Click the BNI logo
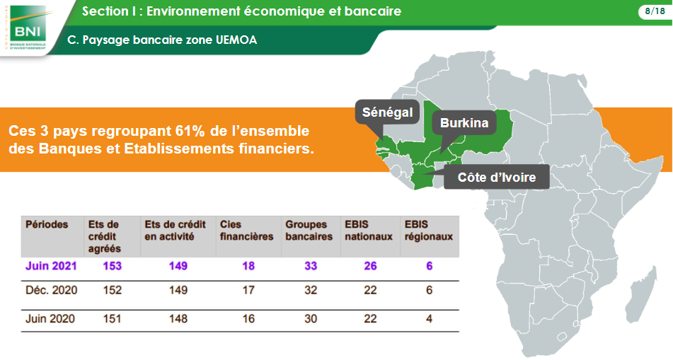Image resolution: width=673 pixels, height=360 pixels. point(28,27)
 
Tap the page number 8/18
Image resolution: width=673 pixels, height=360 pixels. point(655,11)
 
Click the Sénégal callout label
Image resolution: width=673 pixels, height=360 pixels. point(387,112)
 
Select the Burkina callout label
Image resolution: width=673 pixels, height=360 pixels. point(464,123)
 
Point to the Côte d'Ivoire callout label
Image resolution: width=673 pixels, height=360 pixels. point(497,178)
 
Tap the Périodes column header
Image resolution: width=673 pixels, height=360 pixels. point(47,224)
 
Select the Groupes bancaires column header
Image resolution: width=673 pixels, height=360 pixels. point(309,231)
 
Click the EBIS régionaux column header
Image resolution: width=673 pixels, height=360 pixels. point(428,231)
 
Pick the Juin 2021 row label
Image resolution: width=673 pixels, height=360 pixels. point(51,266)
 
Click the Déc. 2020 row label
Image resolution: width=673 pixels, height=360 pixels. point(52,291)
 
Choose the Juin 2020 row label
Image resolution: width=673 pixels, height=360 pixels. point(50,319)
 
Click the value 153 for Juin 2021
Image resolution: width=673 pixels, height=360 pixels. point(112,266)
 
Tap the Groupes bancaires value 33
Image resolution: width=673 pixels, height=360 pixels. point(311,266)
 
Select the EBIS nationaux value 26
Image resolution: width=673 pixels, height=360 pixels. point(370,266)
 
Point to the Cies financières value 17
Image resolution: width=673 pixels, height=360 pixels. point(248,291)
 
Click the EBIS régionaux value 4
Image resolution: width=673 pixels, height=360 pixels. point(429,319)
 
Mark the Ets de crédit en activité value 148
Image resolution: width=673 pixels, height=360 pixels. point(178,319)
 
